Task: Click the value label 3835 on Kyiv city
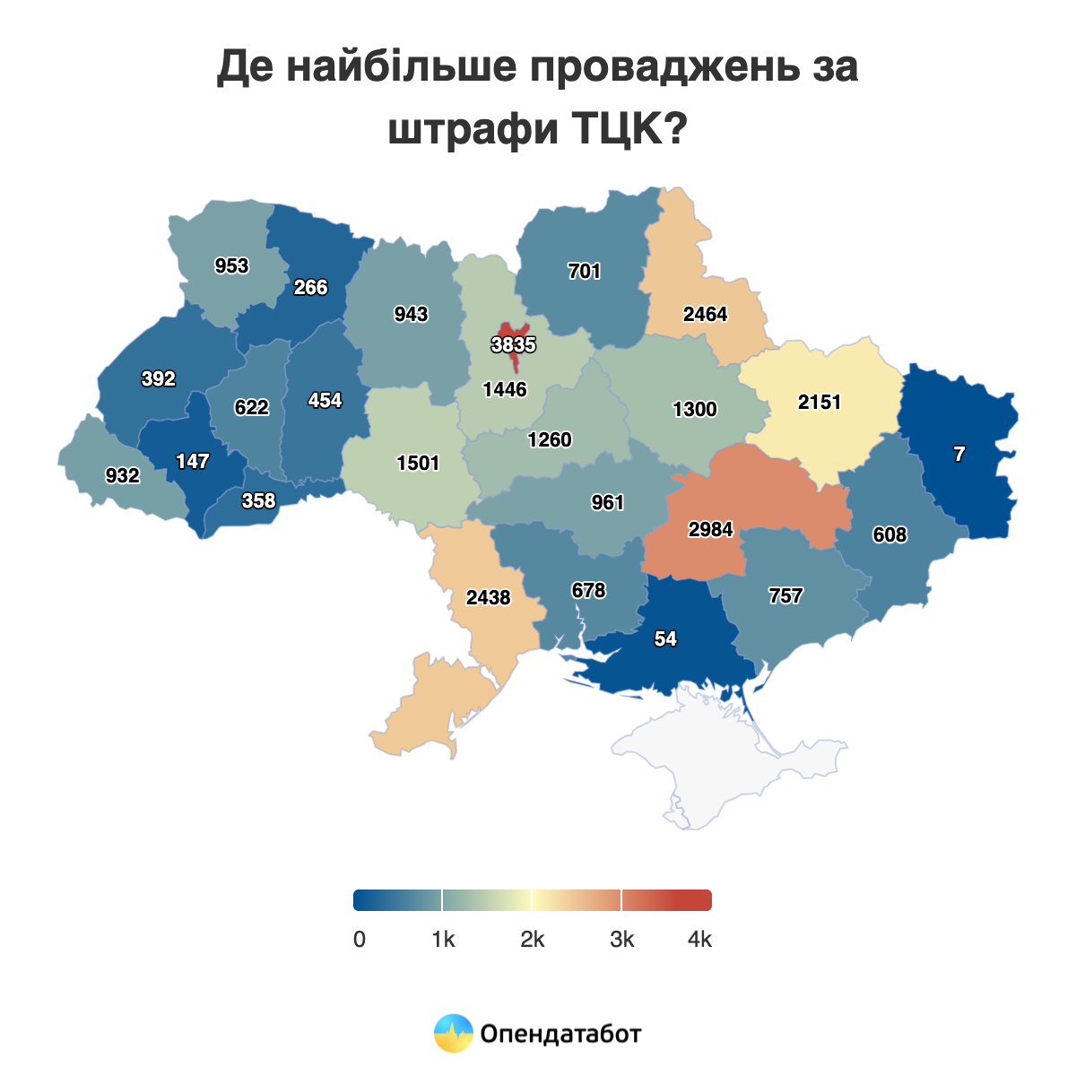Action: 514,344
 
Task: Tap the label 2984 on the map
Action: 711,529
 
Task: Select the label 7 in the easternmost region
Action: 959,454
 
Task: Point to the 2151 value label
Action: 820,402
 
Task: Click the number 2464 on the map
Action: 705,314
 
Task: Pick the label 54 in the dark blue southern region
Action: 665,638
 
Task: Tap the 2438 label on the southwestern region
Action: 489,596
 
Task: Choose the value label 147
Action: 193,461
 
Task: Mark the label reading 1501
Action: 418,463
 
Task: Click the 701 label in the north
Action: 584,271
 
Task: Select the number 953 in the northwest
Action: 231,265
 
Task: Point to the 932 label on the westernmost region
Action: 122,475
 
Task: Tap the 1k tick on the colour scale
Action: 443,940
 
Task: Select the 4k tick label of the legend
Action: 699,940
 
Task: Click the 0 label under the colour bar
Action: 360,940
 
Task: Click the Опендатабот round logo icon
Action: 453,1033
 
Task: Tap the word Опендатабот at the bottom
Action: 561,1034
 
